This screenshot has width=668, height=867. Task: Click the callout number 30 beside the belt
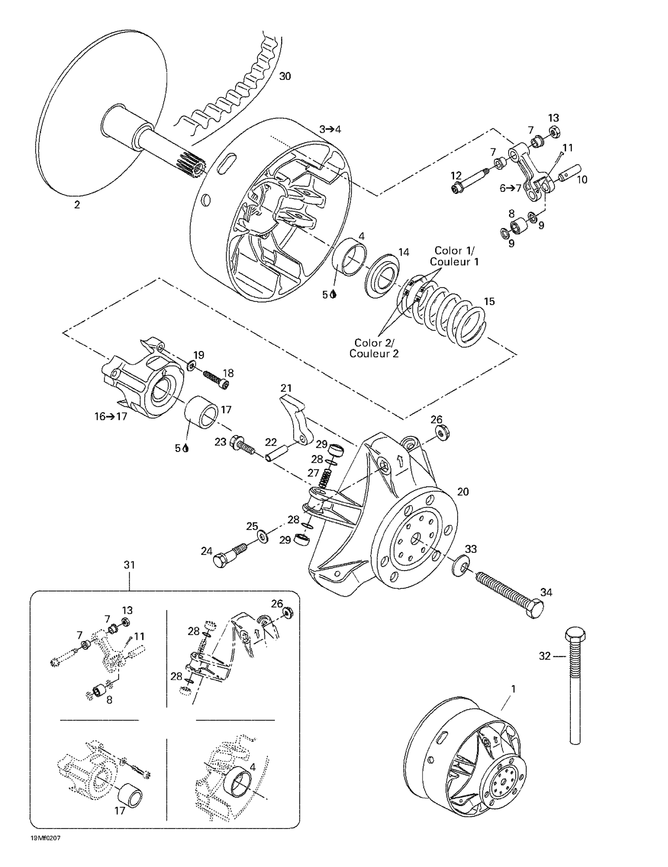coord(285,76)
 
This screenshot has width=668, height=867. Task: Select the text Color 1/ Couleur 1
coord(454,256)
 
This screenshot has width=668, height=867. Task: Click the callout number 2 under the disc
coord(77,205)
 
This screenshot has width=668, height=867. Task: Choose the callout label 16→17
coord(110,416)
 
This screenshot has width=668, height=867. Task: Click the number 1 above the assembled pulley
coord(513,689)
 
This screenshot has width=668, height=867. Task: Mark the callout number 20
coord(463,492)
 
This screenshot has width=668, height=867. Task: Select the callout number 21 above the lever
coord(286,388)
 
